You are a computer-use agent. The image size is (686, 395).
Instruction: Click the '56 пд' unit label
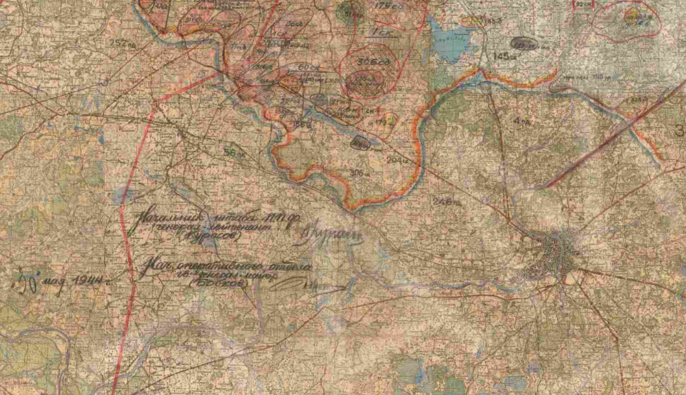(x=233, y=152)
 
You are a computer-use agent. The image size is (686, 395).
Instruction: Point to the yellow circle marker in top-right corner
(x=632, y=14)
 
